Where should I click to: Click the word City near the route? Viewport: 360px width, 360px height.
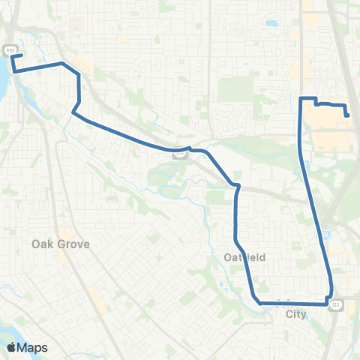(x=296, y=315)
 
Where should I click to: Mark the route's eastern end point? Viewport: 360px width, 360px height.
(x=348, y=115)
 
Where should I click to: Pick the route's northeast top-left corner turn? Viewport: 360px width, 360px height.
(x=301, y=98)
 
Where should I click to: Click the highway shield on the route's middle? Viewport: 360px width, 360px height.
(x=180, y=154)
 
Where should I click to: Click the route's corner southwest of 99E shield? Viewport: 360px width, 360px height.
(x=13, y=70)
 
